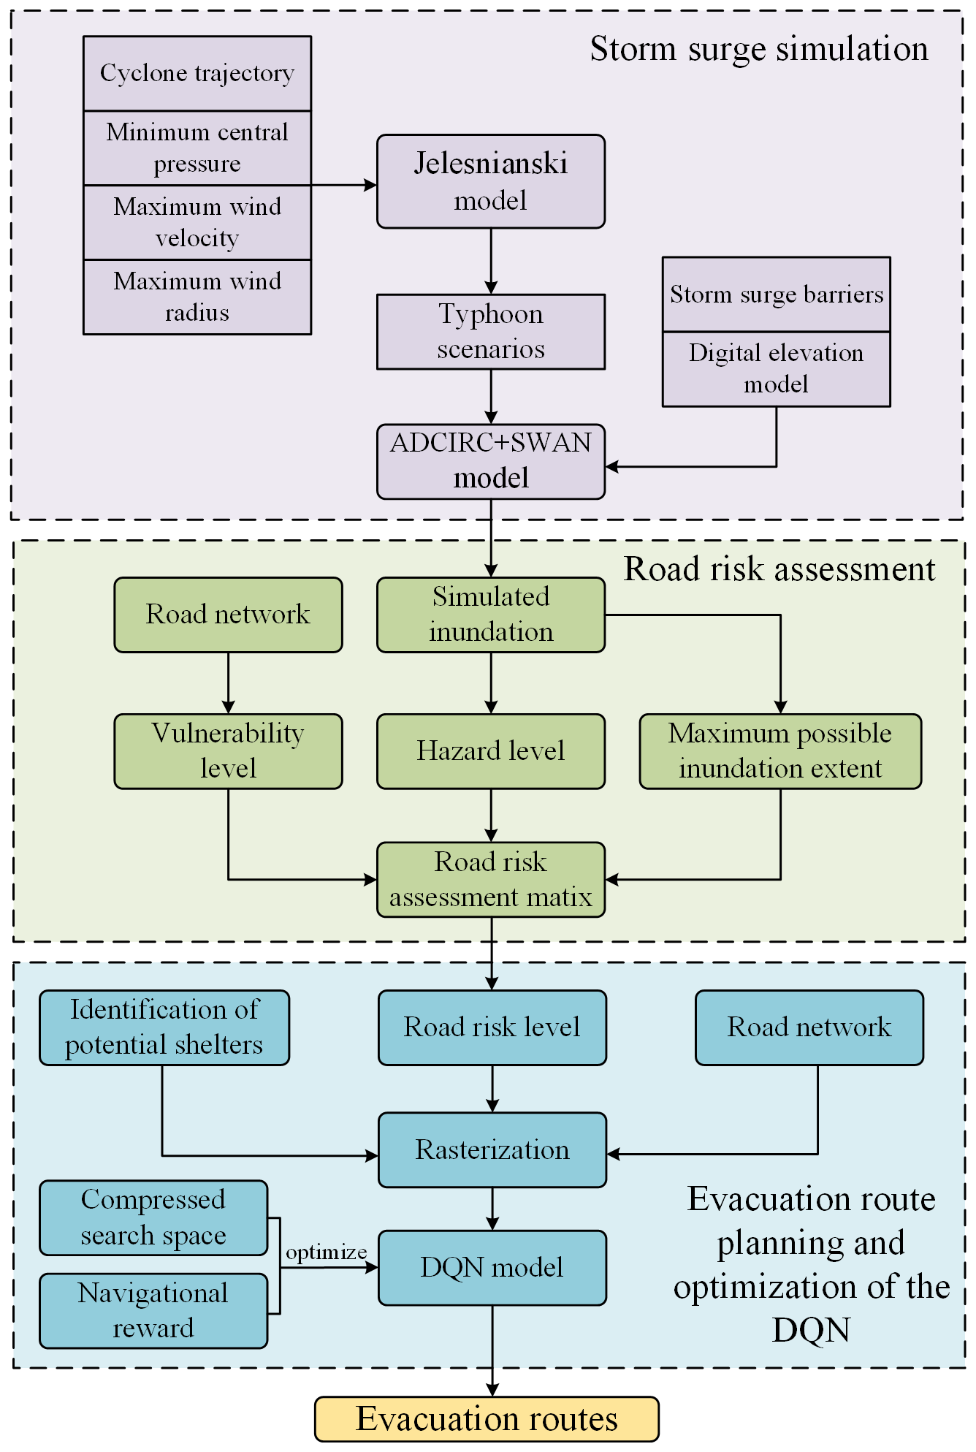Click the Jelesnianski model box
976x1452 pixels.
(x=491, y=181)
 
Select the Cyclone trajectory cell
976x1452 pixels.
(x=197, y=74)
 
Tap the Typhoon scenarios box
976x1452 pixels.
(x=491, y=332)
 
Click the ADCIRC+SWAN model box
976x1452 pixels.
(x=491, y=461)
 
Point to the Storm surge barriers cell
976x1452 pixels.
(x=777, y=294)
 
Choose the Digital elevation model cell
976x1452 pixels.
(x=777, y=369)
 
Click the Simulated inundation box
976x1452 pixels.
(x=491, y=615)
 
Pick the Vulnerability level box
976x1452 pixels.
(x=228, y=751)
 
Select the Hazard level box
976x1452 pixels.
(x=491, y=751)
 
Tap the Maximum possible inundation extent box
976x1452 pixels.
(x=780, y=751)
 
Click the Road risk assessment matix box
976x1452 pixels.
(x=491, y=880)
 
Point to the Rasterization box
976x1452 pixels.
(x=492, y=1150)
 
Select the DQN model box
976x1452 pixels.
(x=492, y=1268)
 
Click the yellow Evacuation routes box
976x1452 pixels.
(x=487, y=1419)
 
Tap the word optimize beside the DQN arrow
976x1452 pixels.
(x=326, y=1253)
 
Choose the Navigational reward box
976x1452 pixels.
(x=153, y=1311)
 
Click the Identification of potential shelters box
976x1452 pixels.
(x=164, y=1027)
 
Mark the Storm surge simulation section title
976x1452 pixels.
(x=759, y=50)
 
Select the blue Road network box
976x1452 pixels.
(x=809, y=1027)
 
